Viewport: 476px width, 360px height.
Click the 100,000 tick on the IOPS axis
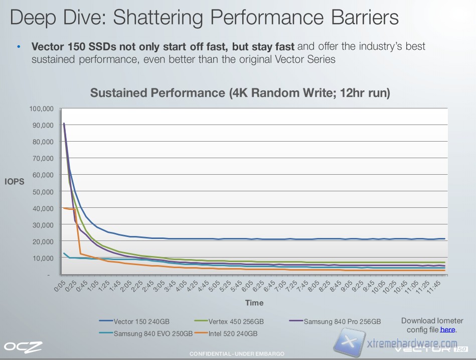41,108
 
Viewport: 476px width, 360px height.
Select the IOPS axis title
14,182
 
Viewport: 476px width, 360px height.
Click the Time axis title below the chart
254,303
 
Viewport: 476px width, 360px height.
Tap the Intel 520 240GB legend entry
235,333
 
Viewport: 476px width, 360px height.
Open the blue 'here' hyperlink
447,329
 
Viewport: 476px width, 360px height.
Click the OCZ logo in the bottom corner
23,346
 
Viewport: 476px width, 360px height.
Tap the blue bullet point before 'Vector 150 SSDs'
19,47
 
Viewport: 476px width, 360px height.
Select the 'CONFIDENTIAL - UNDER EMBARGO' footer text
237,354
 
